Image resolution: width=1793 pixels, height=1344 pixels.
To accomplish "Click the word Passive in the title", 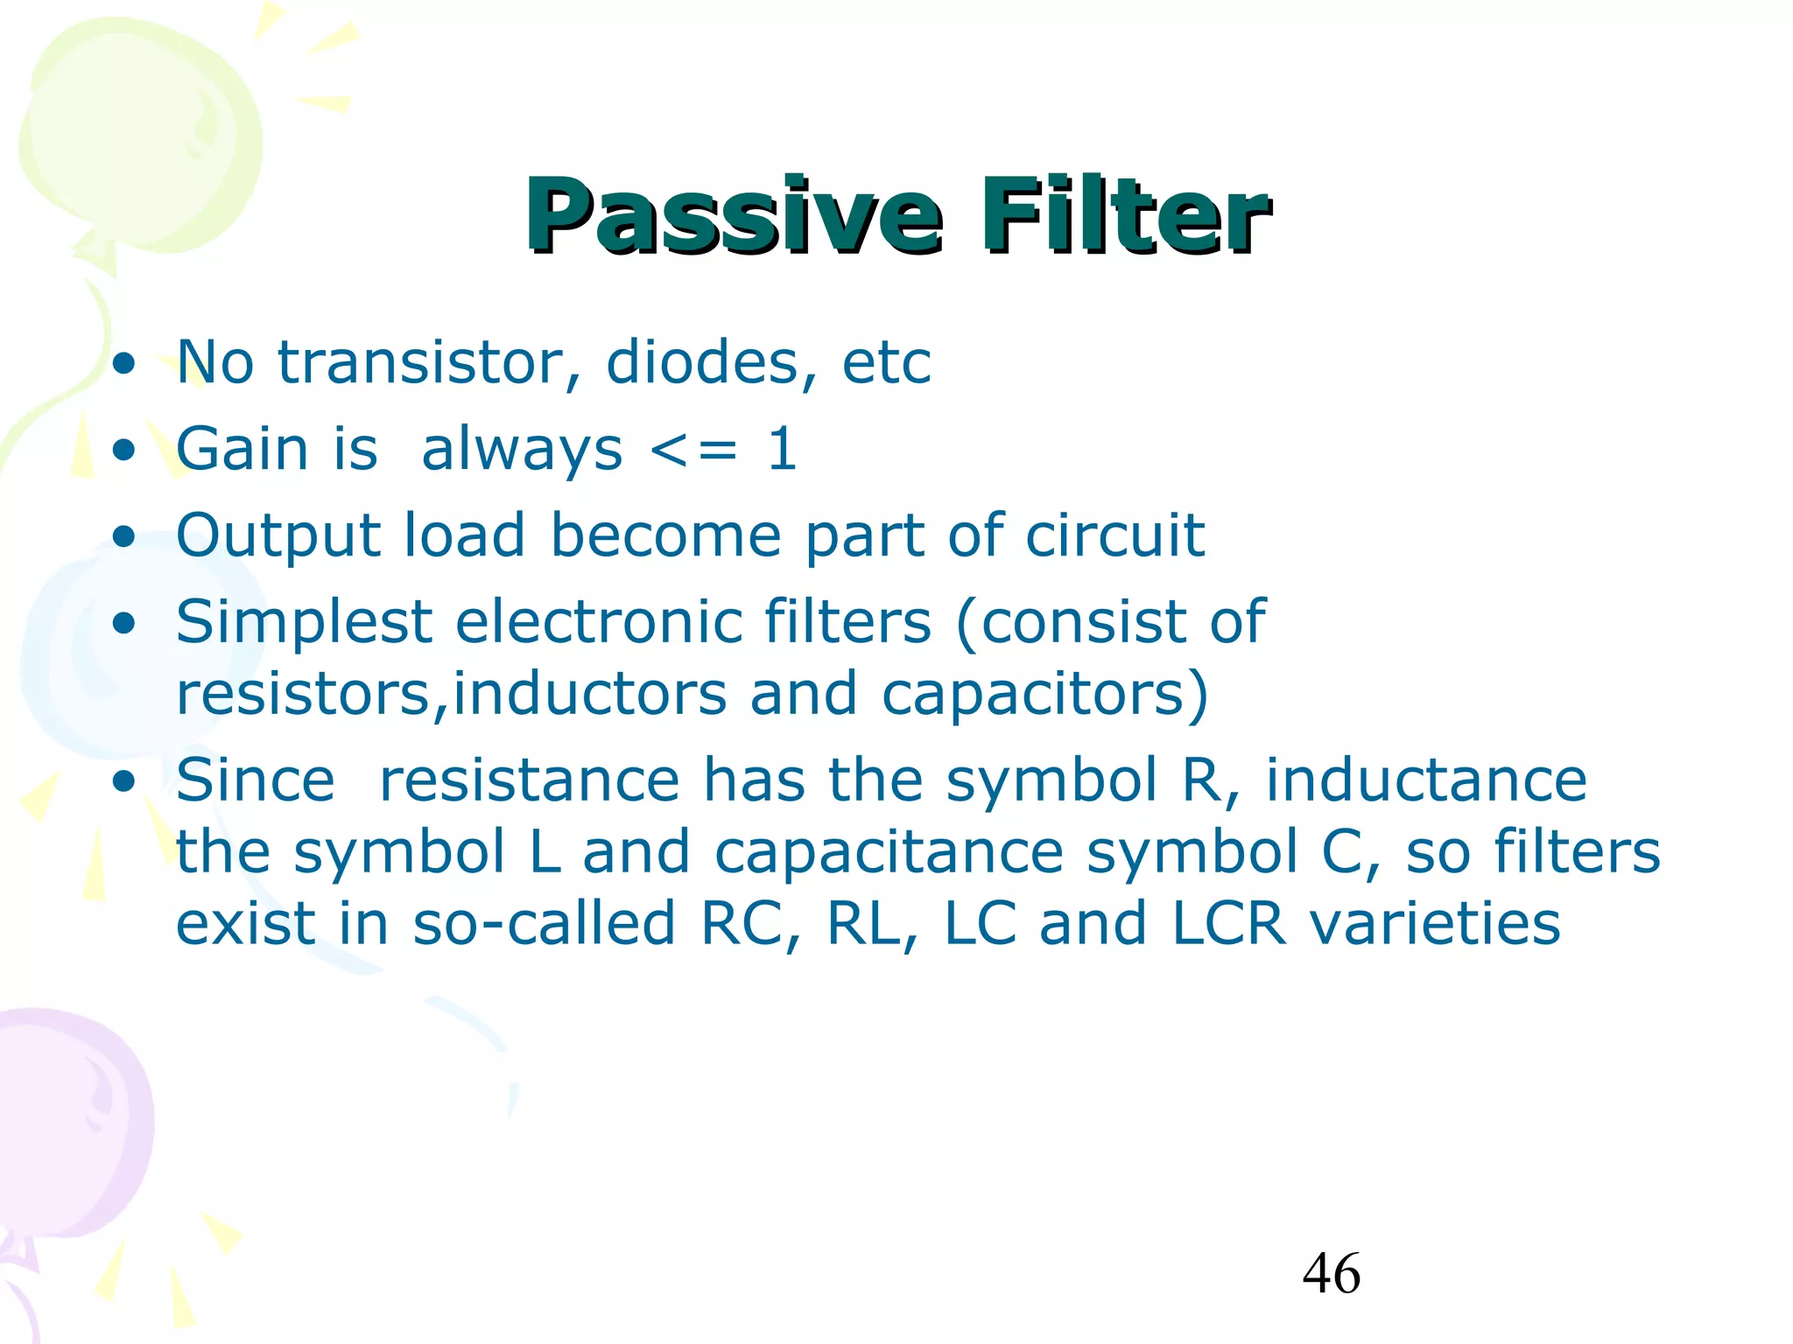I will pyautogui.click(x=734, y=216).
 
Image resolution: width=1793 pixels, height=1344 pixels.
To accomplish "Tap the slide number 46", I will pyautogui.click(x=1331, y=1274).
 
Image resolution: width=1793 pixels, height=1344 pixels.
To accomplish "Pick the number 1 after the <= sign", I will pyautogui.click(x=782, y=449).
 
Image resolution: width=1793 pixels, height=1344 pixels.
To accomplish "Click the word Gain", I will pyautogui.click(x=241, y=449).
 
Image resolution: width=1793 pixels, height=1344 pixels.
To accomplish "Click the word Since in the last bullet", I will pyautogui.click(x=255, y=780).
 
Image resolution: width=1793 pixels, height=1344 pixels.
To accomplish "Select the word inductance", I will pyautogui.click(x=1425, y=780).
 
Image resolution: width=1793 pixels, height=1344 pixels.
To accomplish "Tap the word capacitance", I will pyautogui.click(x=888, y=853).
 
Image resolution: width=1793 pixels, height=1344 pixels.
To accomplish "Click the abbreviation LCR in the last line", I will pyautogui.click(x=1228, y=924).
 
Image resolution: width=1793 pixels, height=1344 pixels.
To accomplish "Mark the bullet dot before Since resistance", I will pyautogui.click(x=124, y=781).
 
